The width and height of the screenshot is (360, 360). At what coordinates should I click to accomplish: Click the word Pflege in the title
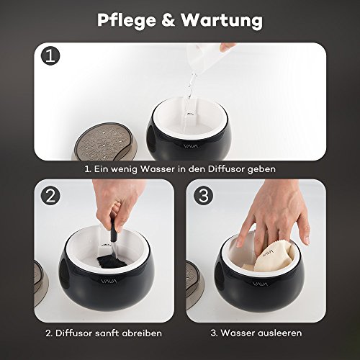pos(127,20)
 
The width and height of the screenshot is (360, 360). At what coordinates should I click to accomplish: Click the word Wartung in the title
pos(222,19)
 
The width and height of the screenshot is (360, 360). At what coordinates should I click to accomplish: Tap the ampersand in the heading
pos(168,19)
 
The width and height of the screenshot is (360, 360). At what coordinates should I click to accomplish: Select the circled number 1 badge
pos(50,55)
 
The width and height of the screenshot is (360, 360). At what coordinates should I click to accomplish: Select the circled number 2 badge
pos(50,196)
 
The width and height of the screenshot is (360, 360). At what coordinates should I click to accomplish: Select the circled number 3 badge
pos(204,196)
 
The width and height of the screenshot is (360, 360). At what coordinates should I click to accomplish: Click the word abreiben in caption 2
pos(142,333)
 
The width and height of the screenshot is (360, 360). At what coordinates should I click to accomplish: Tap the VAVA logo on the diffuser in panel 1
pos(191,146)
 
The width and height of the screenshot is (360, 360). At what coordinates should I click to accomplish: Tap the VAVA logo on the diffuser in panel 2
pos(109,281)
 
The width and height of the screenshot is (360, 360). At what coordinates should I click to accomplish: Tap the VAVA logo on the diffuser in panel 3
pos(260,284)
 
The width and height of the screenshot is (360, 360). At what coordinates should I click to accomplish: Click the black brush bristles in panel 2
pos(111,261)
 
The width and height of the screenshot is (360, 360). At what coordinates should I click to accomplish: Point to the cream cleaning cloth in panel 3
pos(274,258)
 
